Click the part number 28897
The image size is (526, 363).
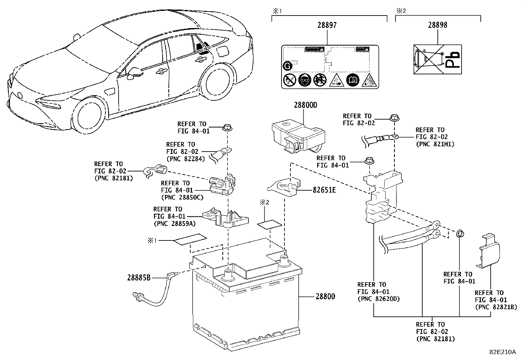327,25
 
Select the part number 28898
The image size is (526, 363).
437,25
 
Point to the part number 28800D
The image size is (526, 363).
305,105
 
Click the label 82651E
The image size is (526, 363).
324,190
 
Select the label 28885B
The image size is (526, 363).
138,278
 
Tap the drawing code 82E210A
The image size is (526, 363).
503,352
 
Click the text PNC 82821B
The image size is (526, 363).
496,307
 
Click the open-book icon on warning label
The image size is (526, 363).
352,80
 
